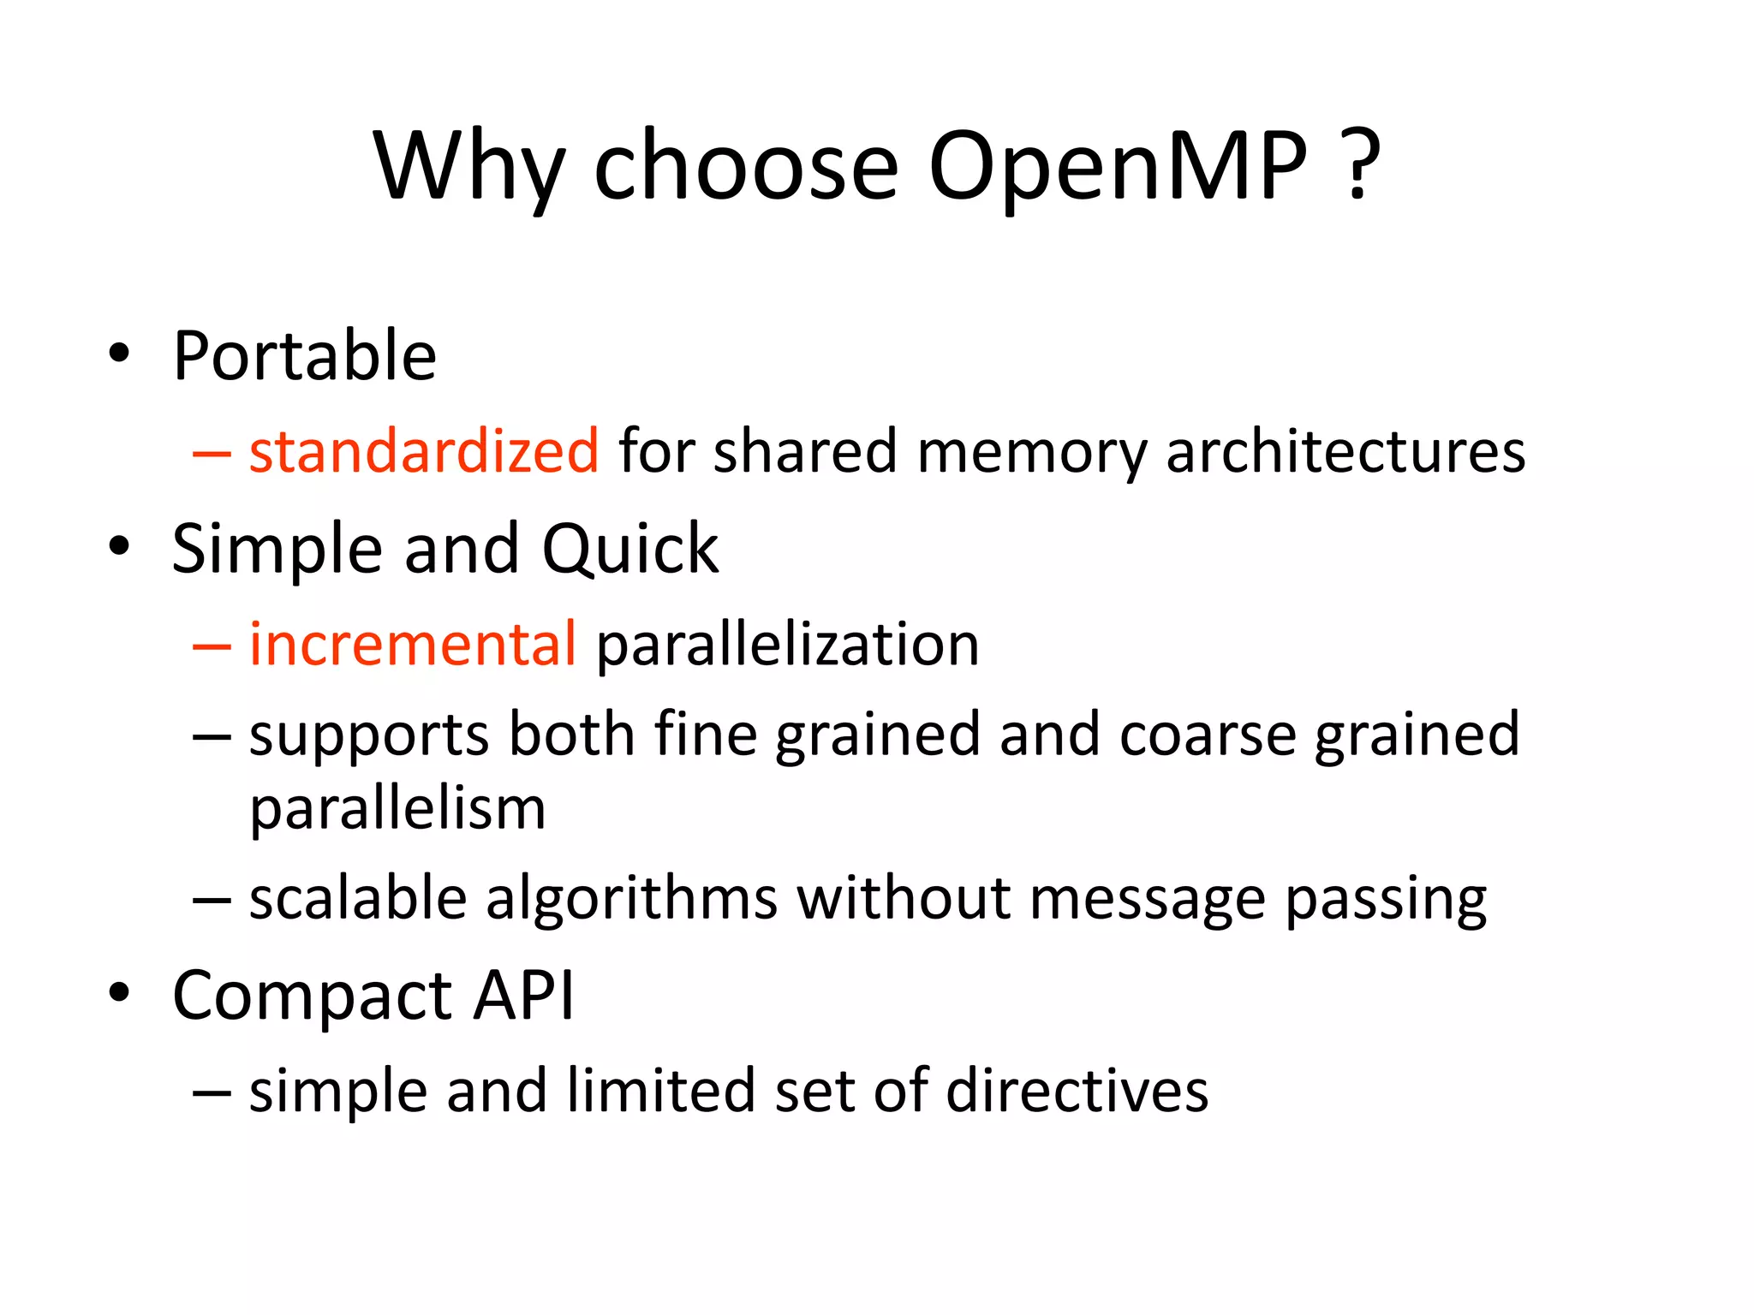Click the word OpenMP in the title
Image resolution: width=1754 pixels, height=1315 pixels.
(1118, 167)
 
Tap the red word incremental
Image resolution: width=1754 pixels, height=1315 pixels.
(413, 644)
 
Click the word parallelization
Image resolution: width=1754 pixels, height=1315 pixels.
(787, 644)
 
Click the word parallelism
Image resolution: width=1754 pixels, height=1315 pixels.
(397, 809)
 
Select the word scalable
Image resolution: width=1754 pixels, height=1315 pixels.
(358, 898)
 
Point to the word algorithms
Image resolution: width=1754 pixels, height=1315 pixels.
(632, 898)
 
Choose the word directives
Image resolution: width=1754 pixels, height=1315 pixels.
(1077, 1091)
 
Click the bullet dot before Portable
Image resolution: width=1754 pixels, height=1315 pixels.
(119, 354)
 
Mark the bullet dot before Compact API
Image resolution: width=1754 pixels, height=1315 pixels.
(119, 993)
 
